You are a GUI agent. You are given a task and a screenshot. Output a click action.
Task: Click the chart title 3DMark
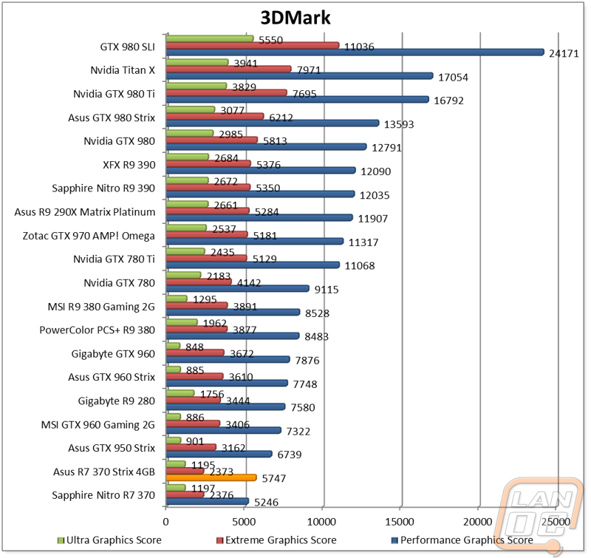click(x=295, y=18)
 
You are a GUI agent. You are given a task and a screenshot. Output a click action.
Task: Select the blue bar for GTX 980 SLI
click(x=355, y=52)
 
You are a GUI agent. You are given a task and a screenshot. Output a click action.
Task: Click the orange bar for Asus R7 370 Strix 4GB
click(x=211, y=477)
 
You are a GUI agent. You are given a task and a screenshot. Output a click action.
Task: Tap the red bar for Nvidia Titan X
click(x=229, y=69)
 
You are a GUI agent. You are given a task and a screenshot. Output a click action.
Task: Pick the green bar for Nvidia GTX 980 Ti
click(x=197, y=86)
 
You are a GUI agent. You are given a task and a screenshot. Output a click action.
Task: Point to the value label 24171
click(x=564, y=53)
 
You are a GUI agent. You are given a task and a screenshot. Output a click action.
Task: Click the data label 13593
click(x=399, y=124)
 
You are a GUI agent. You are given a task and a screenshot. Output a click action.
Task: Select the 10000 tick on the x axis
click(x=321, y=522)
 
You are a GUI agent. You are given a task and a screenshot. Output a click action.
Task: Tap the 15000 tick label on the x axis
click(x=400, y=522)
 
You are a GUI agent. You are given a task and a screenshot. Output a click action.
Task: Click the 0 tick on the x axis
click(x=165, y=522)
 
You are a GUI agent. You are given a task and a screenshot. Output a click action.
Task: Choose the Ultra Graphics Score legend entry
click(x=109, y=540)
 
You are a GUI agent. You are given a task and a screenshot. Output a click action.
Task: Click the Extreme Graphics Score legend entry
click(x=276, y=540)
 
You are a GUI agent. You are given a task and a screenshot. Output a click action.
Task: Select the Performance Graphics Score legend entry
click(x=462, y=540)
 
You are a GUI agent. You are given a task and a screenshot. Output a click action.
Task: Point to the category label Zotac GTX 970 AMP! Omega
click(x=89, y=236)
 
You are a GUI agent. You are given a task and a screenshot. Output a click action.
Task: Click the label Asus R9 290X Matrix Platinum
click(x=85, y=212)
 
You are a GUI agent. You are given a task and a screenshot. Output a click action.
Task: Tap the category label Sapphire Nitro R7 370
click(x=103, y=495)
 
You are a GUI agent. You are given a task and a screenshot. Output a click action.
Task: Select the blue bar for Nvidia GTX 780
click(x=237, y=288)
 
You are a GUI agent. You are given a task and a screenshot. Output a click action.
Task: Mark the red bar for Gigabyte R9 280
click(x=193, y=400)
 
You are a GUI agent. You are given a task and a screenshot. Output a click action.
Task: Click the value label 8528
click(x=317, y=313)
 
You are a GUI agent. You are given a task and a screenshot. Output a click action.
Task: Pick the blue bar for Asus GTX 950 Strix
click(x=219, y=454)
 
